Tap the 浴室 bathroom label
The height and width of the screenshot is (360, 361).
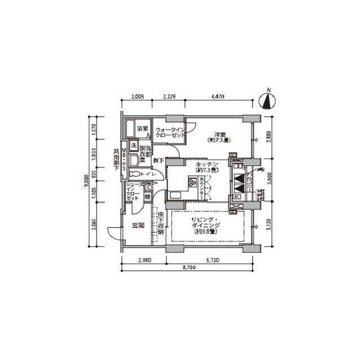pos(143,129)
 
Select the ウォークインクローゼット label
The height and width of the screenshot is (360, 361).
pos(170,134)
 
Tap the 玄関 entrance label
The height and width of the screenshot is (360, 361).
pos(138,225)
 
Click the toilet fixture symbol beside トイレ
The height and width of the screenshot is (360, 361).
pos(133,175)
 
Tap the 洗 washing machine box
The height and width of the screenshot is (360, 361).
pos(134,146)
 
